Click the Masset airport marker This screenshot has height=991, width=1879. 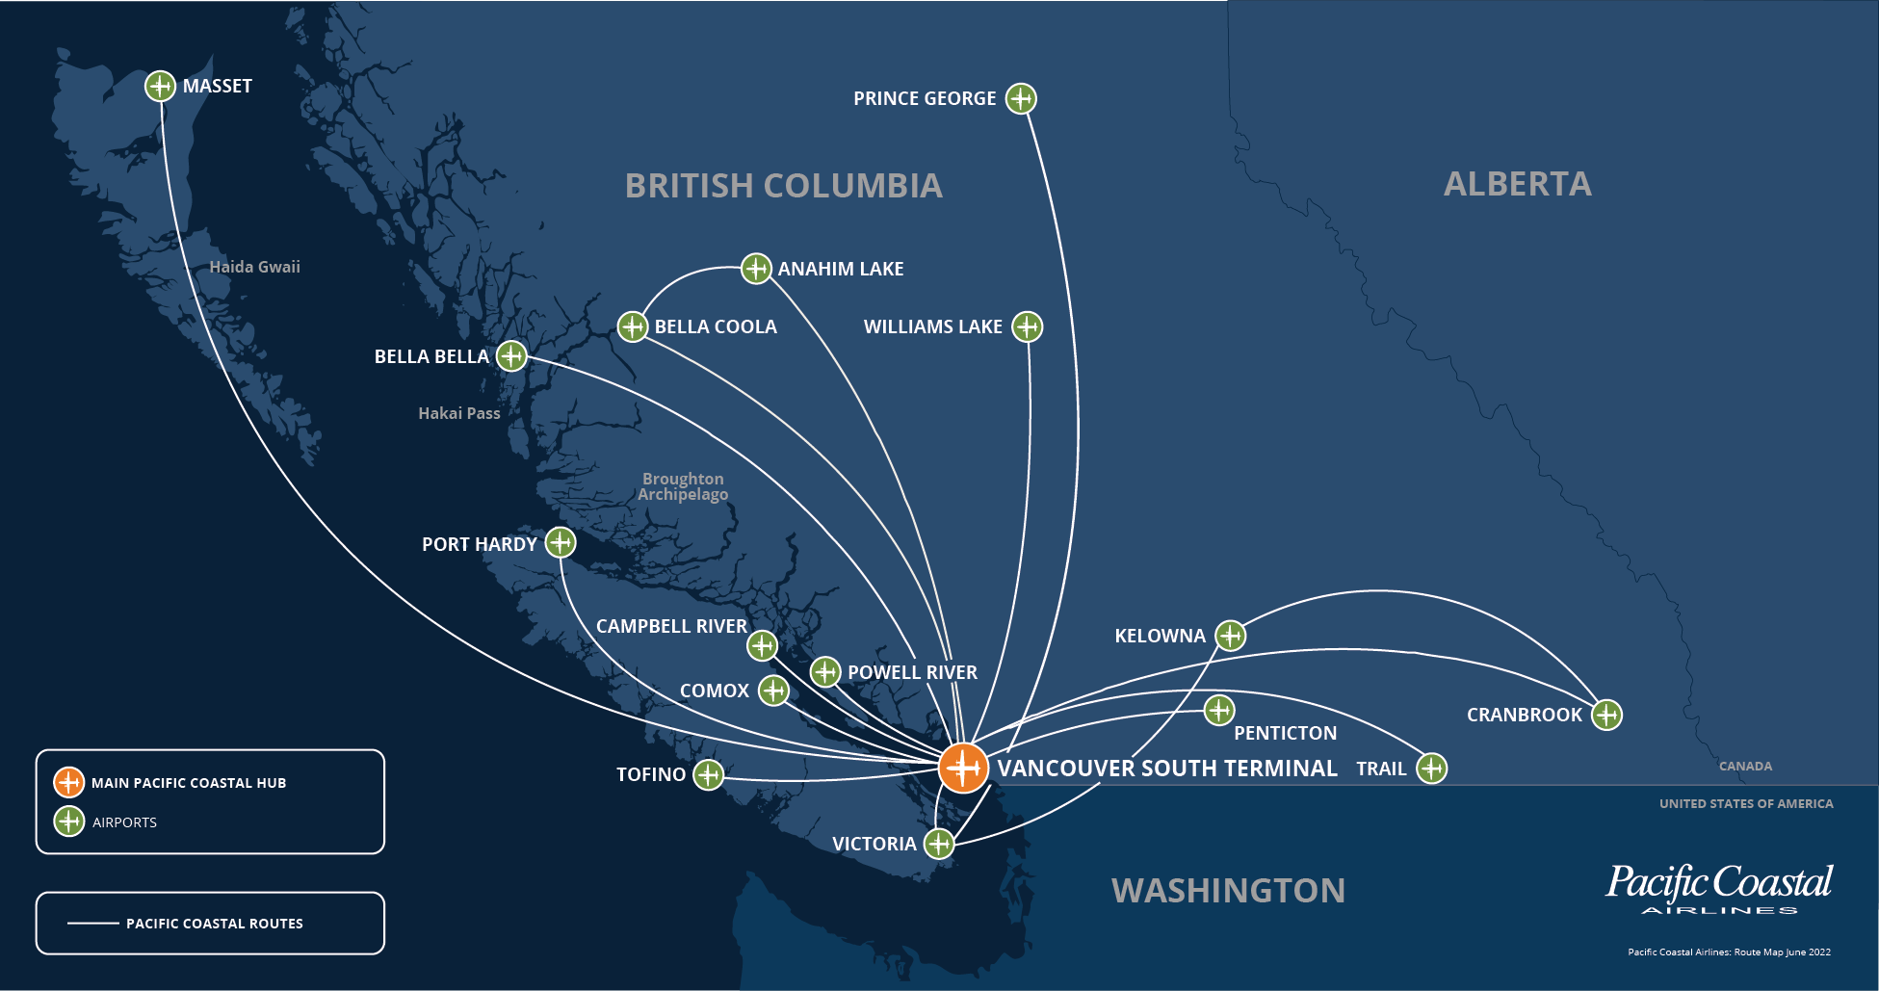160,86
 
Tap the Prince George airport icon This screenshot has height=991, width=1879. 1021,98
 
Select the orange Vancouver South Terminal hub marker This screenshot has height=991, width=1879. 963,768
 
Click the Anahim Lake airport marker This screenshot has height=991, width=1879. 756,268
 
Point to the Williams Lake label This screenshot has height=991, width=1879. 932,326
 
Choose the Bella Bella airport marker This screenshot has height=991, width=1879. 511,356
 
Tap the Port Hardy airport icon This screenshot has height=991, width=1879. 561,542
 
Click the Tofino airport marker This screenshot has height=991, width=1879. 708,774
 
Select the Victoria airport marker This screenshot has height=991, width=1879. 939,844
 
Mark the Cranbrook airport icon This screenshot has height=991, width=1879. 1606,715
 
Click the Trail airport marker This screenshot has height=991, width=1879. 1432,769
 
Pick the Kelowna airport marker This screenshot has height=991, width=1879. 1230,636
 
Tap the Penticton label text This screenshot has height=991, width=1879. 1285,733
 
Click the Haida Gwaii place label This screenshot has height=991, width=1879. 254,267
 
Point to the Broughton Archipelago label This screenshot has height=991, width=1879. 683,486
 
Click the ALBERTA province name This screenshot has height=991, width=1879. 1517,184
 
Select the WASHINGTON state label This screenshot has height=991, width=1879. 1228,891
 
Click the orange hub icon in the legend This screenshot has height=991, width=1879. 69,782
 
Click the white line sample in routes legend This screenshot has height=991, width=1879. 92,924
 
